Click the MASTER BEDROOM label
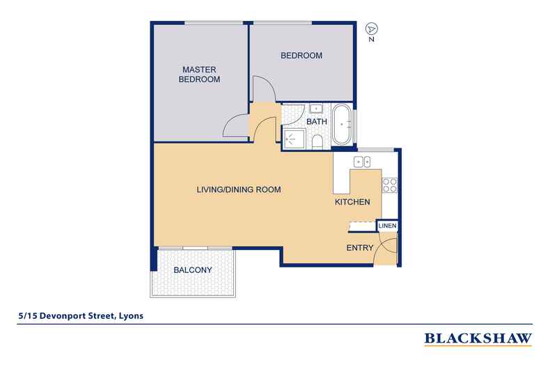[201, 75]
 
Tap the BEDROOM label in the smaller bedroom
[301, 56]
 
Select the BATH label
[317, 121]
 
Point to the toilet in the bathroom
[317, 143]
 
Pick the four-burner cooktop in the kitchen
[389, 185]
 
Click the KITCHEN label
[352, 202]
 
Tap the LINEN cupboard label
[387, 226]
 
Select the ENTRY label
[360, 248]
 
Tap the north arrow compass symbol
[372, 29]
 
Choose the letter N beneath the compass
[373, 40]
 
